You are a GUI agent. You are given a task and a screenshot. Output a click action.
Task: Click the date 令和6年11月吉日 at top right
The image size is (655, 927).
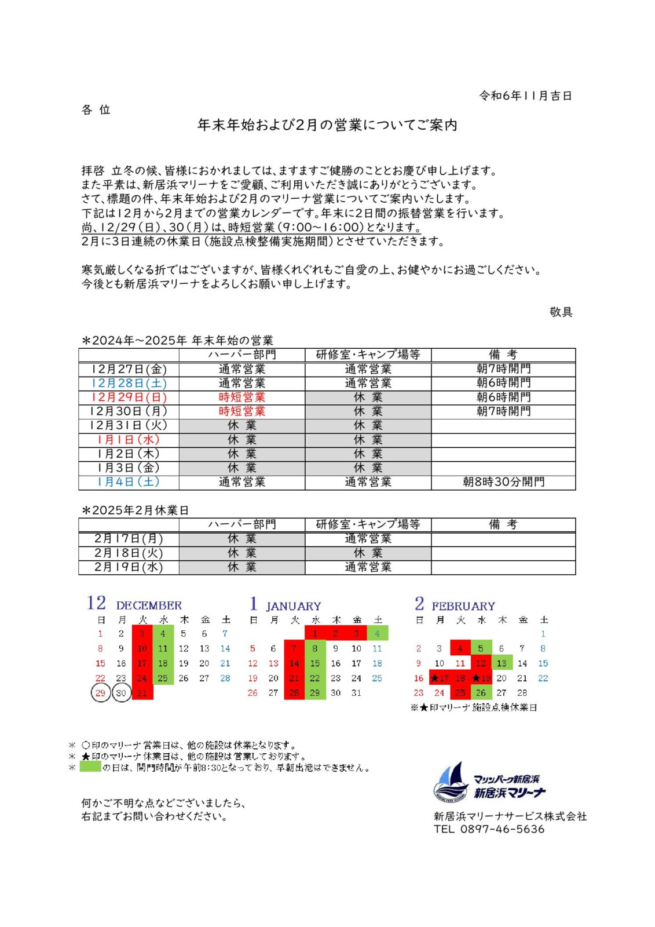[x=525, y=96]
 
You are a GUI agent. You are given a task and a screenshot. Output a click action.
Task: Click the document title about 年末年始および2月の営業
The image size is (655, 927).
[x=327, y=125]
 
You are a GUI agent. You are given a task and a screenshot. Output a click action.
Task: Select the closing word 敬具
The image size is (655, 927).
[x=561, y=312]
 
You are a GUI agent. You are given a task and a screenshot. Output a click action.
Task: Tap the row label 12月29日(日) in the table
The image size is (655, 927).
[x=129, y=397]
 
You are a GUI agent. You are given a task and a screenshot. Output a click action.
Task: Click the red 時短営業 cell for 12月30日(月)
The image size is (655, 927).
[x=241, y=411]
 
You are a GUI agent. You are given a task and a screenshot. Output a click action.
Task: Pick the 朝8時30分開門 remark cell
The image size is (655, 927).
[x=503, y=482]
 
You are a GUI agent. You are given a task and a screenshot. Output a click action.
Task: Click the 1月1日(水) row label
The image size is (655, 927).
[x=129, y=440]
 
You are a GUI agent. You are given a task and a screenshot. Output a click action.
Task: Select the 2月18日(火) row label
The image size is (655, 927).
[x=129, y=553]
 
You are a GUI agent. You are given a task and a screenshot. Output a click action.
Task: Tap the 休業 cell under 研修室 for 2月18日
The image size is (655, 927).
[x=368, y=553]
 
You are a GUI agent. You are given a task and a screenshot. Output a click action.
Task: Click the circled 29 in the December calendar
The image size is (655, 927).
[x=101, y=693]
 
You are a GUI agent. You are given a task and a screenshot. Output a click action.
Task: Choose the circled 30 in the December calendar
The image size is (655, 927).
[x=121, y=693]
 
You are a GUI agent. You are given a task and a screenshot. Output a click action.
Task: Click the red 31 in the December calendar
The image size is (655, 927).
[x=142, y=693]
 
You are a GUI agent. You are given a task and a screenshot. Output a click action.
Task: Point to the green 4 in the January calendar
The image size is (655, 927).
[x=377, y=634]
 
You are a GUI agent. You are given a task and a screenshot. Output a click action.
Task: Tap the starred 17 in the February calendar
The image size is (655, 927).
[x=440, y=678]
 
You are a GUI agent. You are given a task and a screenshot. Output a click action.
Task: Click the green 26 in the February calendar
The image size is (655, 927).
[x=481, y=693]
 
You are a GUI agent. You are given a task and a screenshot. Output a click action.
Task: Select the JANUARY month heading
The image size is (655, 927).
[x=294, y=607]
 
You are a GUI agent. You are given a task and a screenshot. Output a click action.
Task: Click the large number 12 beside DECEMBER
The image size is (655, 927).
[x=96, y=603]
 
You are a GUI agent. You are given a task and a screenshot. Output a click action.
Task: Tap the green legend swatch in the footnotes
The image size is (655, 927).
[x=90, y=767]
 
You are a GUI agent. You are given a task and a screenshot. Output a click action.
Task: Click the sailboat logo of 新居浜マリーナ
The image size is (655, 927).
[x=451, y=782]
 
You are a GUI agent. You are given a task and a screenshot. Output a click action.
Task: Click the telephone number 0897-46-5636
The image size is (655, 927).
[x=502, y=829]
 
